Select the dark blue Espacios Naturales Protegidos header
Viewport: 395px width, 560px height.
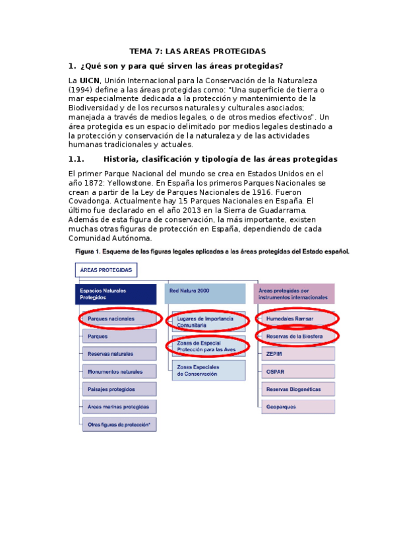tap(119, 294)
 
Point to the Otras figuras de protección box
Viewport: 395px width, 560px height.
tap(119, 425)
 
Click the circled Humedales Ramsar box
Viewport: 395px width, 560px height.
tap(295, 319)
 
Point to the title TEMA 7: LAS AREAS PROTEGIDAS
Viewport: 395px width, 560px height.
tap(197, 51)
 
